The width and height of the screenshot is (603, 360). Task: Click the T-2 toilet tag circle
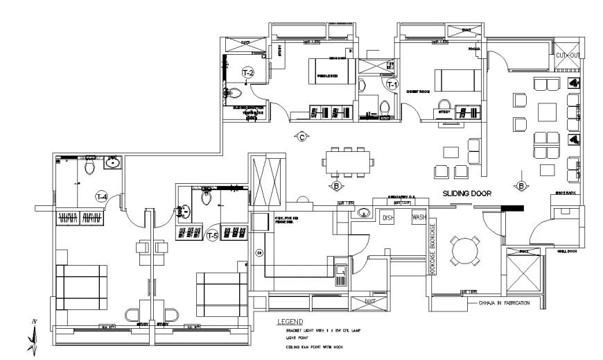click(x=247, y=72)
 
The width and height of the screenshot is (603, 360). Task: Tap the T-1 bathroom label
click(x=392, y=84)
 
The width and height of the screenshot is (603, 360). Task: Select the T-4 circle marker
click(x=102, y=197)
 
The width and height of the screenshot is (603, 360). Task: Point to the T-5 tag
click(x=213, y=236)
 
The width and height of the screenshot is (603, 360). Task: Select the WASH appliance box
click(x=419, y=217)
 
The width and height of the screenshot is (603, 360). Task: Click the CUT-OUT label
click(x=568, y=55)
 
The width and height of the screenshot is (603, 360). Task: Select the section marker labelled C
click(x=301, y=136)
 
